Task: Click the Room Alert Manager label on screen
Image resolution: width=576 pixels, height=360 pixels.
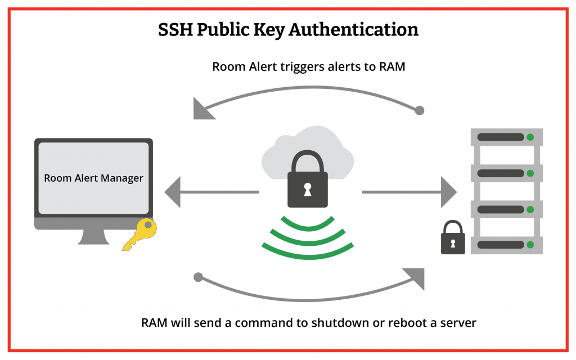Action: click(93, 178)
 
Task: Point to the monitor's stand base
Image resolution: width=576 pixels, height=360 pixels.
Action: click(93, 240)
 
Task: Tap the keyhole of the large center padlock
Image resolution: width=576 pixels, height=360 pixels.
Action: click(307, 190)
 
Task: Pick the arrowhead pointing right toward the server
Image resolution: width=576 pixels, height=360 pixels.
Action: click(448, 192)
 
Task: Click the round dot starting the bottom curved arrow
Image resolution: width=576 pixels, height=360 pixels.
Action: click(197, 277)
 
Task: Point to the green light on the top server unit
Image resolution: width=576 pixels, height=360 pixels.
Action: click(530, 137)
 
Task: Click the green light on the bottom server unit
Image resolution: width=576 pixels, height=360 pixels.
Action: click(530, 245)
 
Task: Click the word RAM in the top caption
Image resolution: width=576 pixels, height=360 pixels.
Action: click(391, 66)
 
